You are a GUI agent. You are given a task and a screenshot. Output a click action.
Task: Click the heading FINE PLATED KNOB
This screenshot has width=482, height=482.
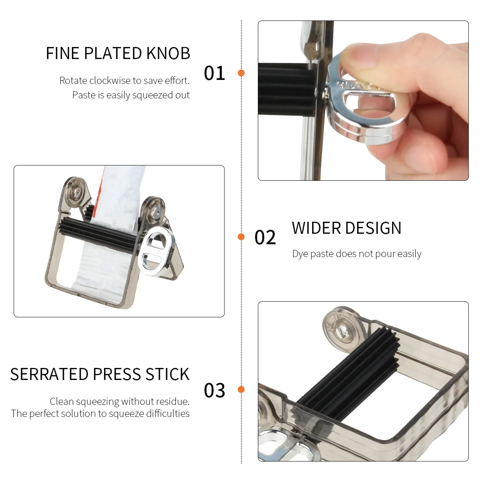tap(118, 53)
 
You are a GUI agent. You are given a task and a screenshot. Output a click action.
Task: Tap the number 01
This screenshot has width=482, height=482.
tap(214, 73)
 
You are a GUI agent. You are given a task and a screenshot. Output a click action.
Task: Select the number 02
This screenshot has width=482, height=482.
tap(265, 237)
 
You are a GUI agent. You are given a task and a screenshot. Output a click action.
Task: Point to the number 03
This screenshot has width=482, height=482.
tap(214, 390)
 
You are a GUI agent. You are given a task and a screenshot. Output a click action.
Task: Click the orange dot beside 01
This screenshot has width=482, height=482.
tap(241, 73)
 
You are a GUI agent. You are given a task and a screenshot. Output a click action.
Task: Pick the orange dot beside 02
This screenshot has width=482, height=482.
tap(241, 237)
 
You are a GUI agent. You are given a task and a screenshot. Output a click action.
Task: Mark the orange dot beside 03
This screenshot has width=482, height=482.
tap(241, 389)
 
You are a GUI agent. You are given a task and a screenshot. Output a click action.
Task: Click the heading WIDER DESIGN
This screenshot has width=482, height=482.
tap(346, 228)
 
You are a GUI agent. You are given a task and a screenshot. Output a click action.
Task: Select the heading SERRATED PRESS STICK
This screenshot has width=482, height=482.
tap(100, 374)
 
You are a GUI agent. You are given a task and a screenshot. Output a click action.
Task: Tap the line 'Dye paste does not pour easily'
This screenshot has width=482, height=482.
tap(357, 254)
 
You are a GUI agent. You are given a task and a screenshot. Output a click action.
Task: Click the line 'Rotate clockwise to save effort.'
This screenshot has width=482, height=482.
tap(125, 81)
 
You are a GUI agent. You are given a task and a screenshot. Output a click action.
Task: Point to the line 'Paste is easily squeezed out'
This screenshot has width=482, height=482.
tap(131, 95)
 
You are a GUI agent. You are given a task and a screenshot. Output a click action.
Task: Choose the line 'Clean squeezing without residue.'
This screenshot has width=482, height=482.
tap(120, 401)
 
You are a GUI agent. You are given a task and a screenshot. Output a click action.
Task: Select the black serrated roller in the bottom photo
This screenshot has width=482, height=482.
tap(349, 374)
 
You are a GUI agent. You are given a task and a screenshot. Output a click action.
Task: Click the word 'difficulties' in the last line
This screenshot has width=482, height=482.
tap(168, 414)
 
